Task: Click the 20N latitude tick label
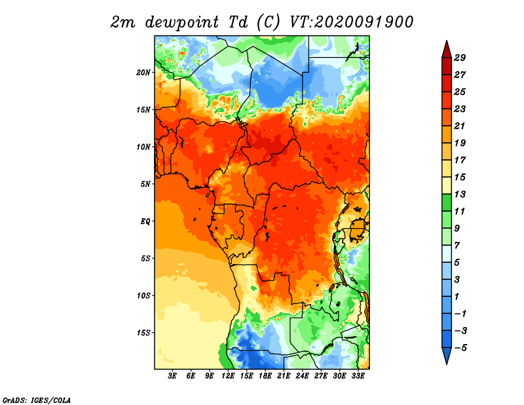143,73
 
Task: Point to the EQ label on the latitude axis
145,222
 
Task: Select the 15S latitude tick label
143,333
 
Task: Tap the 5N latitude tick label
145,184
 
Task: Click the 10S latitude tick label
143,296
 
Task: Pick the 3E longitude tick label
172,376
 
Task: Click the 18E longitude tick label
265,376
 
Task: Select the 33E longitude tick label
358,376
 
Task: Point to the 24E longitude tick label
302,376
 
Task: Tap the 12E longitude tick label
228,376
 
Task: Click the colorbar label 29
460,58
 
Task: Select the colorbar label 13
460,194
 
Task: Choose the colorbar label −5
460,348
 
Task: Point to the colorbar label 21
460,126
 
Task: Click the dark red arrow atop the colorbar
447,50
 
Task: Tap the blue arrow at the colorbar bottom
447,355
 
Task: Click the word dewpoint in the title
182,23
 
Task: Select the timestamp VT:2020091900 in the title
352,22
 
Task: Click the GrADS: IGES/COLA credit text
37,400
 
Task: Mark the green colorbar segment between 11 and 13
447,202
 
